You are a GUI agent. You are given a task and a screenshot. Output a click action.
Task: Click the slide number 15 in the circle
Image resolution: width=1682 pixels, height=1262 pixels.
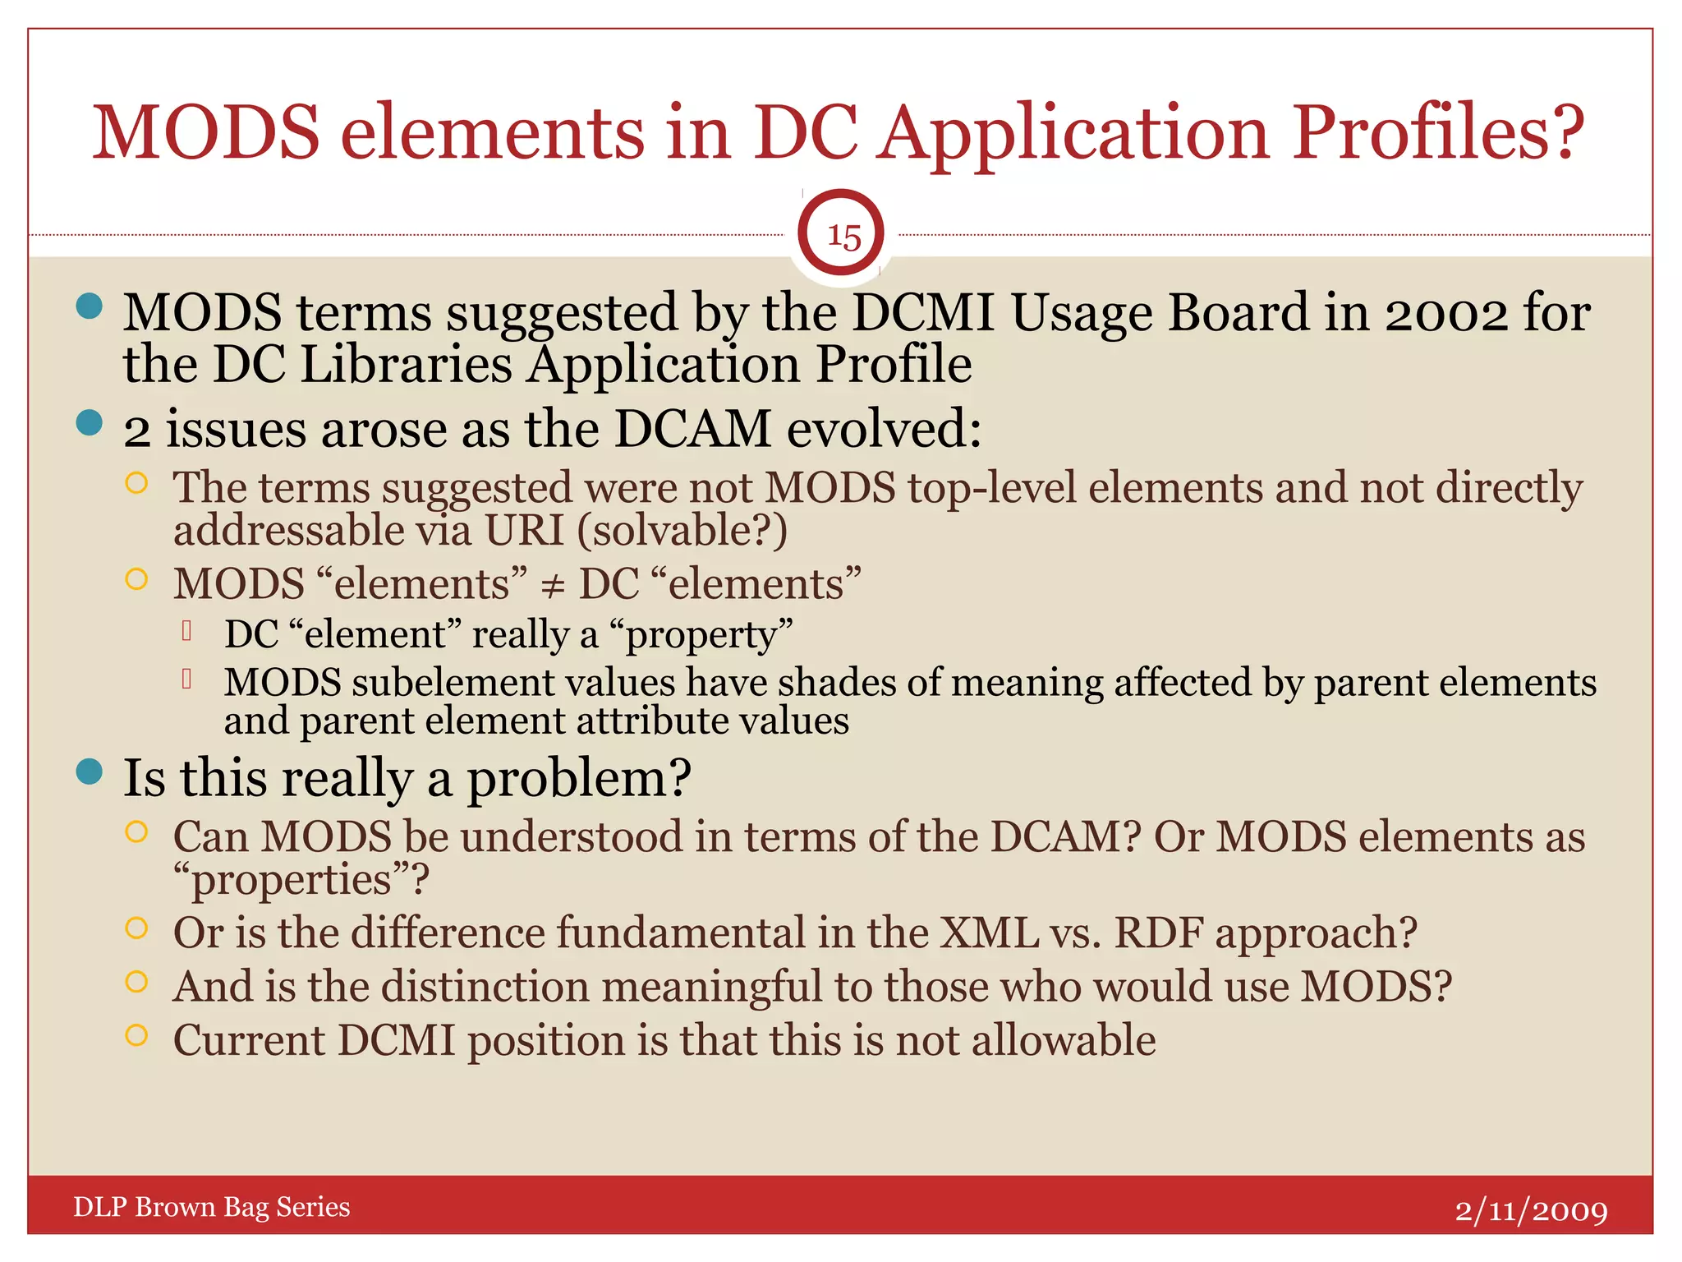[843, 236]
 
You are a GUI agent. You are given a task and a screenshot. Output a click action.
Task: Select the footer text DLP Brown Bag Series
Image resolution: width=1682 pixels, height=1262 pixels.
[212, 1207]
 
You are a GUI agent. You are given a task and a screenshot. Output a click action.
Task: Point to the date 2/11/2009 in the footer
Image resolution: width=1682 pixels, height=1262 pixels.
[1531, 1210]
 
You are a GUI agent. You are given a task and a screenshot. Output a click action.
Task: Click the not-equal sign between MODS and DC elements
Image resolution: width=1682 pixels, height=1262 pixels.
[553, 586]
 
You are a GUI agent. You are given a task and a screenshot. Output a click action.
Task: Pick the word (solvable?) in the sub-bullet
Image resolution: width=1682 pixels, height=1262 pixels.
[682, 531]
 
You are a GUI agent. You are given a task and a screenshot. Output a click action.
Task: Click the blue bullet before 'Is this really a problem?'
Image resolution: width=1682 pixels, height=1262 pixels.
[89, 771]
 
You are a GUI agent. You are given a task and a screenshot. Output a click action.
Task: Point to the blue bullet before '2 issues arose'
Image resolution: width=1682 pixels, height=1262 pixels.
[89, 423]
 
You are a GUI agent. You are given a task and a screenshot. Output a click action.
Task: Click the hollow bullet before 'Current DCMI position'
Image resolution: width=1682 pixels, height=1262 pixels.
[136, 1035]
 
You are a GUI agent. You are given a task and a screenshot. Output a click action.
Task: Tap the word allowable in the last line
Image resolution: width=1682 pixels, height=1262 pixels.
[1064, 1041]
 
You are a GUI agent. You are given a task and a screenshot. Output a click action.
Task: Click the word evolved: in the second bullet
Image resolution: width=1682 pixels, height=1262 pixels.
[885, 430]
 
